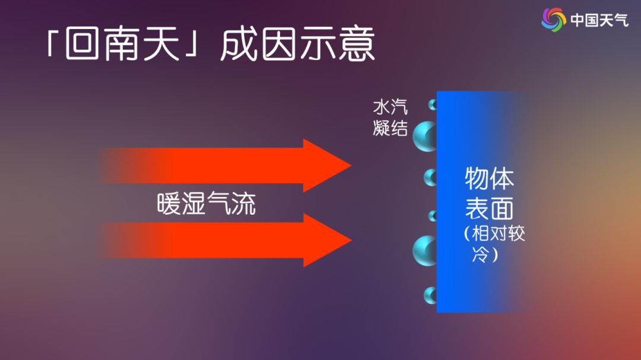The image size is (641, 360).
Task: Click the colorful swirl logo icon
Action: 554,20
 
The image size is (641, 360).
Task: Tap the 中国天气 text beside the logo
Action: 599,20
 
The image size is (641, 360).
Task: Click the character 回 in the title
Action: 82,43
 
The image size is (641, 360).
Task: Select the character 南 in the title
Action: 122,44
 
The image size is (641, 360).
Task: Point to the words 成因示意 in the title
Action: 297,44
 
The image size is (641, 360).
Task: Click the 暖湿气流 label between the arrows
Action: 207,203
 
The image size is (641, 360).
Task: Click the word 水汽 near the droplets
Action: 391,107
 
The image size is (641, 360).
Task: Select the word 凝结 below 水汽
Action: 391,128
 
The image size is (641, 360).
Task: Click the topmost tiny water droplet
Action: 433,105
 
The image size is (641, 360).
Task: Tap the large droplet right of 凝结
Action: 425,136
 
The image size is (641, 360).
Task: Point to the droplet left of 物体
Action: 430,178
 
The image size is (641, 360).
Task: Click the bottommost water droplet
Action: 430,295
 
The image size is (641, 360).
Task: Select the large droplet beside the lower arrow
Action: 425,251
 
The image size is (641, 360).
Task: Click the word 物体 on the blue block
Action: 489,178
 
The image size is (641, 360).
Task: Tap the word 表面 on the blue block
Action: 489,208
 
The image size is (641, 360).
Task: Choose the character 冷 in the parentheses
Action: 481,254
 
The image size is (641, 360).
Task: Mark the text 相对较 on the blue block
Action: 499,234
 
